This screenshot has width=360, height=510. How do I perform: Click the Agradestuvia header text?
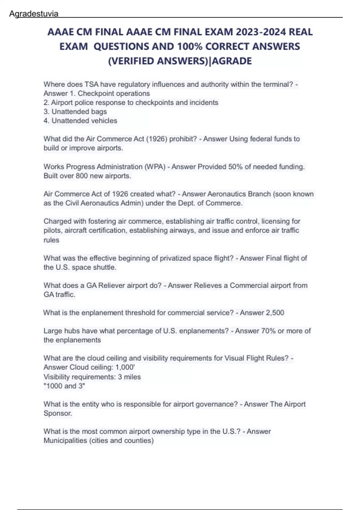(x=34, y=14)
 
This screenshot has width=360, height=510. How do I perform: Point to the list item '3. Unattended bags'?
(x=75, y=112)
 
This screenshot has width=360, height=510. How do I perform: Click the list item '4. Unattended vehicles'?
(x=80, y=121)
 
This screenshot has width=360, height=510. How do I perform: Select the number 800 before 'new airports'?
(x=82, y=176)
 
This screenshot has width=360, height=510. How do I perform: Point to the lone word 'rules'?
(x=51, y=240)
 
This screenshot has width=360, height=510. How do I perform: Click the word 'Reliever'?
(x=112, y=285)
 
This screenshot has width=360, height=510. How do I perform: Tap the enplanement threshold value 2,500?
(x=274, y=313)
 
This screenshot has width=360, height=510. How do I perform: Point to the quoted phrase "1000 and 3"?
(x=64, y=386)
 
